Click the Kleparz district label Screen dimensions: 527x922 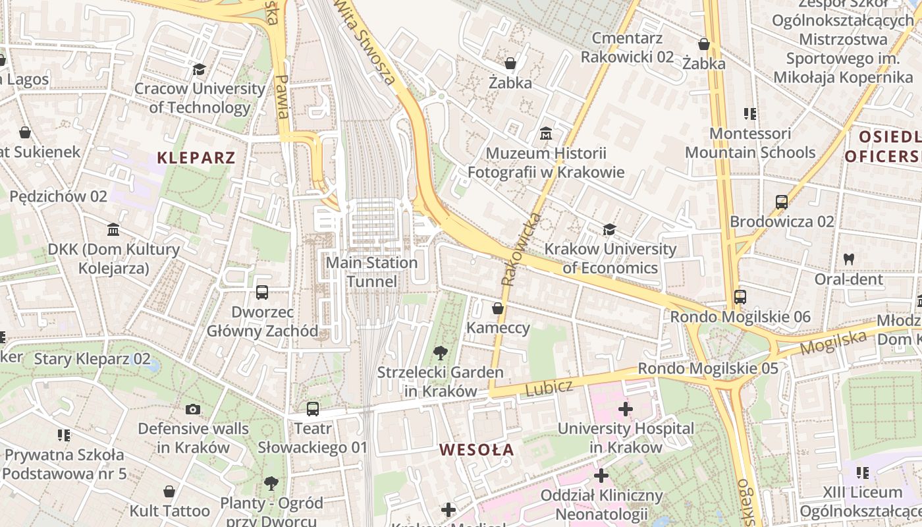click(x=196, y=158)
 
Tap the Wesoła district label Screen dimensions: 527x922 click(x=476, y=450)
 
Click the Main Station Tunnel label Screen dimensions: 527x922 click(x=372, y=272)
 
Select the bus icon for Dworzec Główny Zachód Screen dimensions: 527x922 click(x=262, y=292)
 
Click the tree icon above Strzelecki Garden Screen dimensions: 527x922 click(x=440, y=353)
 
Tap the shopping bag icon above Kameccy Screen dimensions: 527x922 click(x=498, y=308)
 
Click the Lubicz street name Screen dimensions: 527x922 click(x=549, y=388)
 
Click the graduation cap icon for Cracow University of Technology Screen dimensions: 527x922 click(x=199, y=69)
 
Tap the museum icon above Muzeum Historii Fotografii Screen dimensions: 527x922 click(x=545, y=134)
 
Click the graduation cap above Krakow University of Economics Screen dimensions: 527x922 click(x=610, y=230)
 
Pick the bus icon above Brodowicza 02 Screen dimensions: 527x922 click(x=782, y=202)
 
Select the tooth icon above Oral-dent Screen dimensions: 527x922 click(x=849, y=260)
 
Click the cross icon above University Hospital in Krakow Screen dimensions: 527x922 click(x=626, y=409)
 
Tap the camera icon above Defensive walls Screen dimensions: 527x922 click(x=193, y=409)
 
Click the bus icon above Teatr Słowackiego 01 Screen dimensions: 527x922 click(x=313, y=409)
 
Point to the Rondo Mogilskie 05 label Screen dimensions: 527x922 click(x=708, y=368)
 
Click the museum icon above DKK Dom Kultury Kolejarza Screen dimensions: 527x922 click(x=113, y=230)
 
